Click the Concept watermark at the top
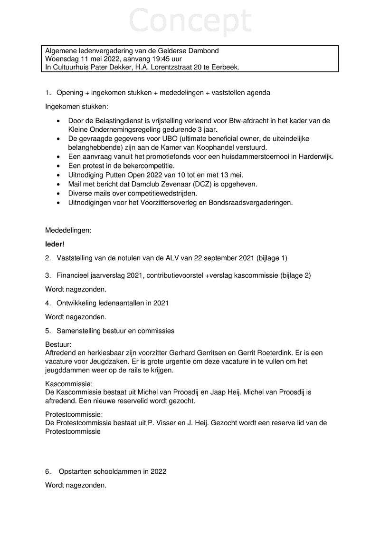[x=190, y=21]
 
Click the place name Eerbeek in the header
[x=227, y=68]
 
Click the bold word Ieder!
[x=55, y=245]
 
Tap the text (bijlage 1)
[x=272, y=258]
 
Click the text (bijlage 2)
[x=294, y=275]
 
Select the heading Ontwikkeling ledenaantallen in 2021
[x=113, y=303]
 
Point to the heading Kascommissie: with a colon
[x=69, y=383]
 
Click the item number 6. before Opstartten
[x=48, y=472]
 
